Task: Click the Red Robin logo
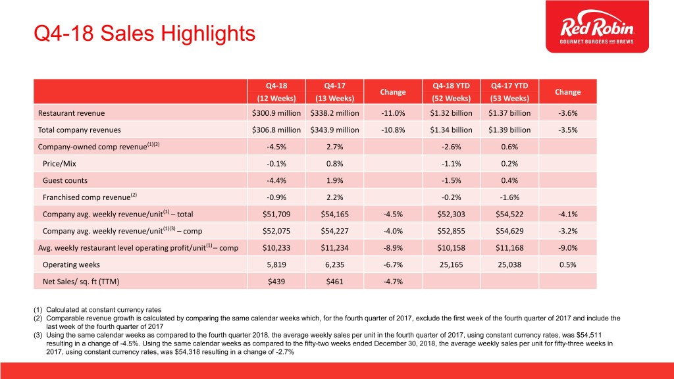[597, 26]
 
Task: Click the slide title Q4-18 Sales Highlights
[144, 34]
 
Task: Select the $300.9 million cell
[276, 113]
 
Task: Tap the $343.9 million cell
[334, 130]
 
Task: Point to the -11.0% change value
[393, 113]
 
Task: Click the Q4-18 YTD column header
[451, 86]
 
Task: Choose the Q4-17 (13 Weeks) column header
[334, 91]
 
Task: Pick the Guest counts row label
[65, 180]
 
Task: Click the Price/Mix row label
[59, 164]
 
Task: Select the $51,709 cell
[276, 214]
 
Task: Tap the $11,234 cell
[334, 248]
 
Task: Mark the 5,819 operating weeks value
[276, 265]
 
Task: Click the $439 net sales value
[276, 282]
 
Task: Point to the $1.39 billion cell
[509, 130]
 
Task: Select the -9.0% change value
[567, 248]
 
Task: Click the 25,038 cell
[509, 265]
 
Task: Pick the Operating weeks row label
[71, 265]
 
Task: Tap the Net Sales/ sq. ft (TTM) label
[81, 282]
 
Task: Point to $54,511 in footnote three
[589, 335]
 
